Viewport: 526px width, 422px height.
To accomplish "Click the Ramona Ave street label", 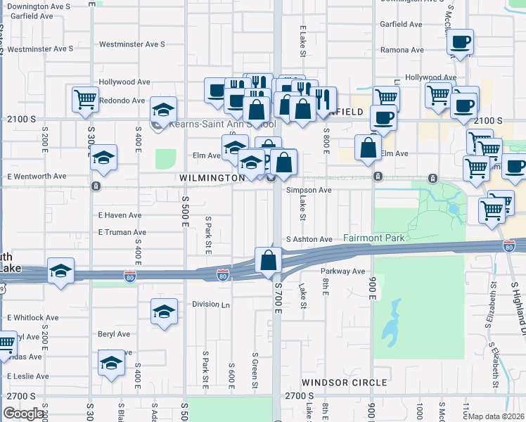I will [x=402, y=51].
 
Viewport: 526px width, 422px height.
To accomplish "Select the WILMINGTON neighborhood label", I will [x=212, y=179].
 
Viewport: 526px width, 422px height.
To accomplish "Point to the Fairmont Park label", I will [x=374, y=238].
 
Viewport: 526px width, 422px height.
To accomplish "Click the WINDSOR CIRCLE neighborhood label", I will [x=344, y=383].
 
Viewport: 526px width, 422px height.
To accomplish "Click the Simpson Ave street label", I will [x=308, y=190].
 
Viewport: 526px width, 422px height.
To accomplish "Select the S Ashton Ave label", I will [x=309, y=239].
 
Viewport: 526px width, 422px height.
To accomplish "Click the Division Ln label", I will [x=211, y=305].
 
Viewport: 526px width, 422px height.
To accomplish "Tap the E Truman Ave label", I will [x=122, y=232].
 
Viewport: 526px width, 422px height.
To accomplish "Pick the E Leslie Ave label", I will [x=27, y=376].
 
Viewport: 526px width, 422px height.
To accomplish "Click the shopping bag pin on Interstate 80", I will [x=269, y=260].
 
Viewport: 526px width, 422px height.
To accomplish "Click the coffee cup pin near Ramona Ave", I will [x=460, y=41].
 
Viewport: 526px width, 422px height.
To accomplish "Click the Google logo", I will [x=23, y=414].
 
